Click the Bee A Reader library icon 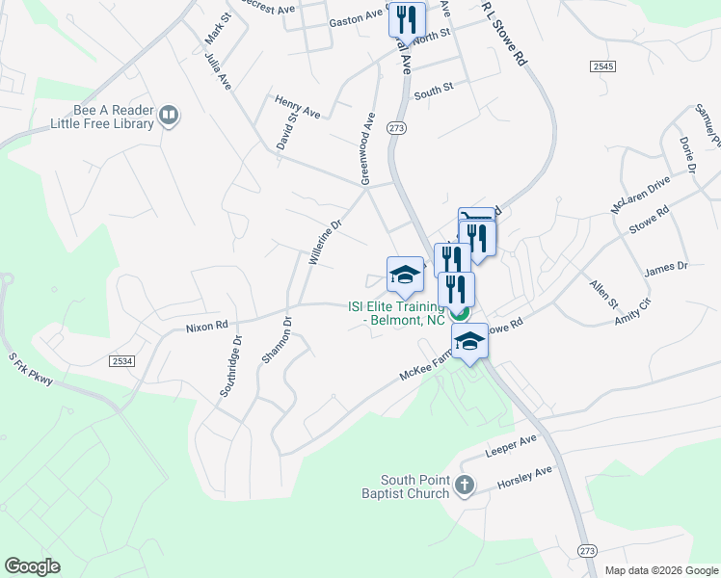(x=169, y=116)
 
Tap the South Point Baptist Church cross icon (x=465, y=485)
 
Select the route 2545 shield (x=604, y=66)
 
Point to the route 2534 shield (x=120, y=361)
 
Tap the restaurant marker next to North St (x=407, y=19)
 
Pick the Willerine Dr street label (x=325, y=242)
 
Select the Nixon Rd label (x=206, y=327)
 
